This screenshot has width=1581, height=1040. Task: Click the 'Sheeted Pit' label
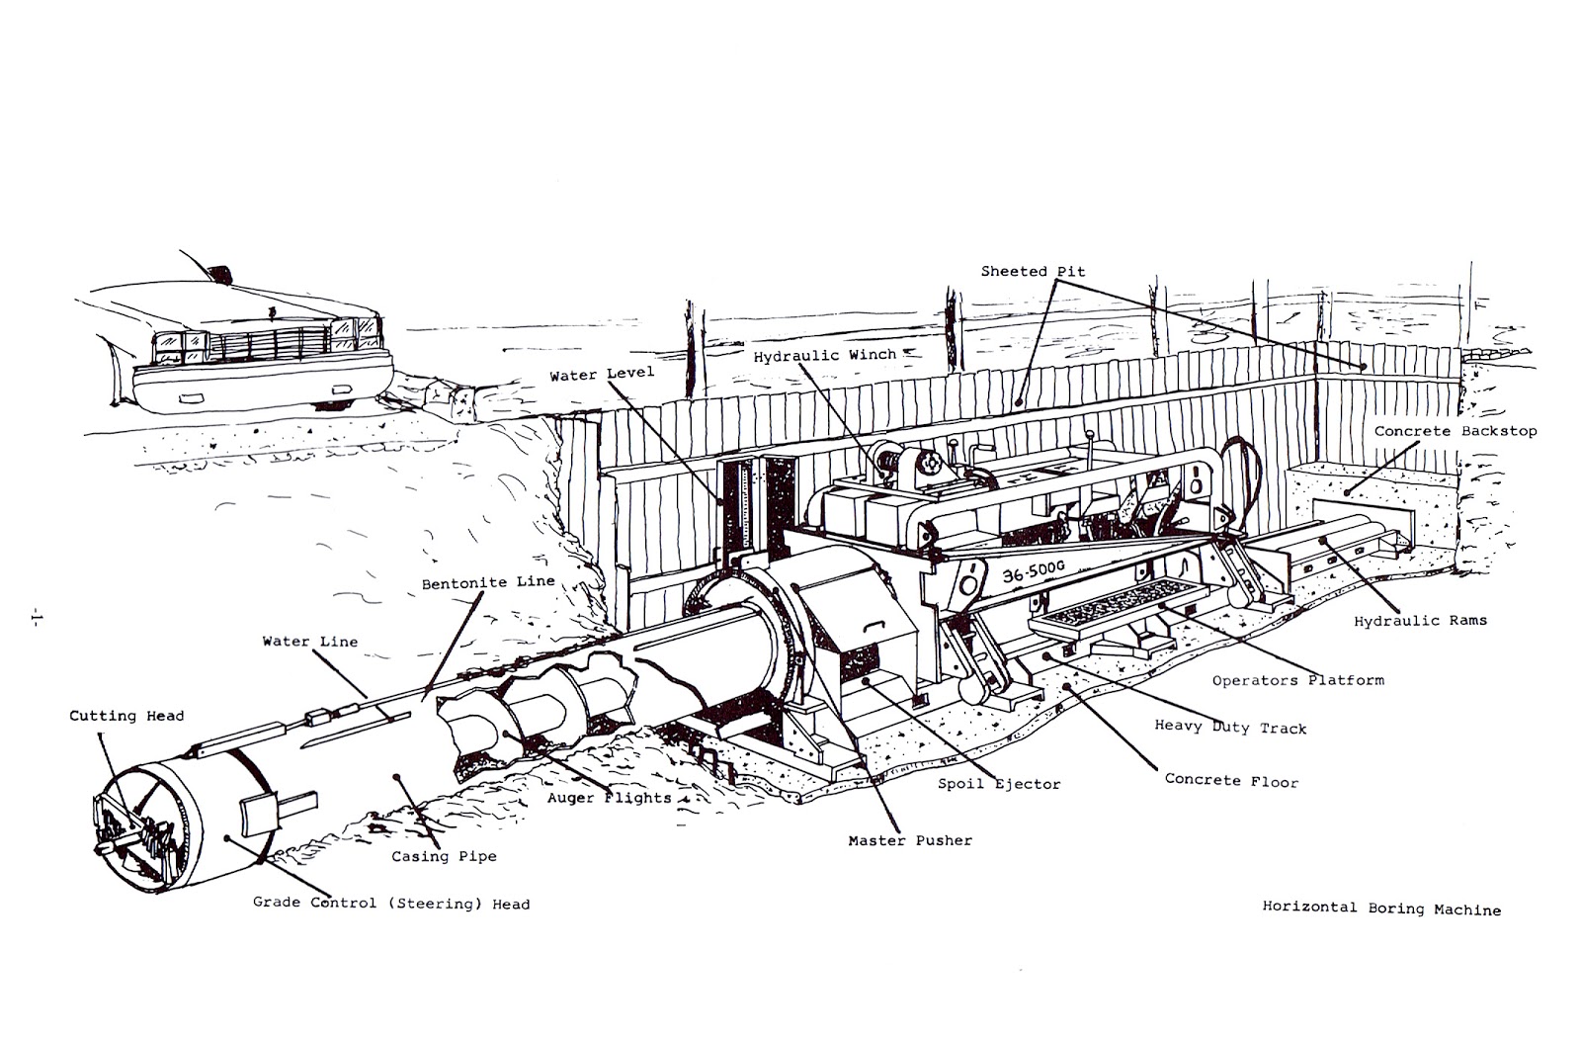point(1033,271)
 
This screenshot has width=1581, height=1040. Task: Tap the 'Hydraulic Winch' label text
point(825,355)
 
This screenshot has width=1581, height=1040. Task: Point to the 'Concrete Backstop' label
point(1455,431)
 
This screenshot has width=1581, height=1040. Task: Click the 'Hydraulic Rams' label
point(1419,621)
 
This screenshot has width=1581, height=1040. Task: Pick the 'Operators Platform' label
point(1297,680)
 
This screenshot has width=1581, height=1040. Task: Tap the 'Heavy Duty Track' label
point(1230,728)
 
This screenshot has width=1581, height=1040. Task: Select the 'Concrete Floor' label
point(1231,780)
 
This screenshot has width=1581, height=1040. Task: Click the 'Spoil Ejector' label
point(999,784)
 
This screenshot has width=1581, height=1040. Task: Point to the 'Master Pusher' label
point(910,840)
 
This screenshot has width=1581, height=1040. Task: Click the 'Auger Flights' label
point(610,798)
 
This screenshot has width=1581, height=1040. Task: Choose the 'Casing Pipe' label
point(444,856)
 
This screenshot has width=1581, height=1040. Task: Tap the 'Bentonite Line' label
point(488,582)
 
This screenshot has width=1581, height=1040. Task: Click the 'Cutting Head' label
point(126,715)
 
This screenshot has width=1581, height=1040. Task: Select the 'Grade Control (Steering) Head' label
point(391,903)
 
